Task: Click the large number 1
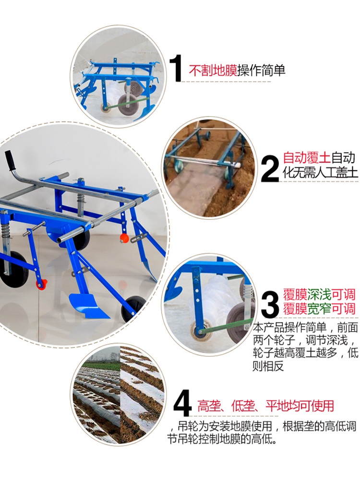(176, 68)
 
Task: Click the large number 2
(270, 168)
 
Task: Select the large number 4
(182, 404)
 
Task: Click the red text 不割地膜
(213, 71)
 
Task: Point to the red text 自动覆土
(307, 158)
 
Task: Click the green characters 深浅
(319, 295)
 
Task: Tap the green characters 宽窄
(319, 308)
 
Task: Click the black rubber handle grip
(10, 161)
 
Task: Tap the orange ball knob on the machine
(124, 238)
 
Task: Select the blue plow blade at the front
(86, 305)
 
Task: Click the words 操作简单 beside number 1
(262, 71)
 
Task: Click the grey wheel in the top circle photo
(127, 105)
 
